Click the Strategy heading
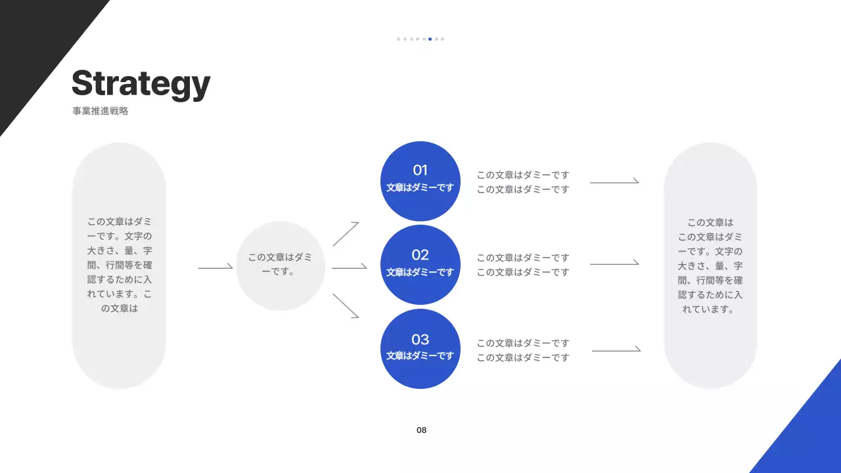pyautogui.click(x=141, y=84)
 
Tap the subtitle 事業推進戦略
pyautogui.click(x=101, y=111)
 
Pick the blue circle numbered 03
pyautogui.click(x=420, y=348)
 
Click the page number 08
pyautogui.click(x=421, y=430)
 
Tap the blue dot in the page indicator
pyautogui.click(x=430, y=39)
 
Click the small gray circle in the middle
pyautogui.click(x=281, y=265)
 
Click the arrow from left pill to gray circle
pyautogui.click(x=215, y=267)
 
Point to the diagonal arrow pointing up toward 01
pyautogui.click(x=346, y=234)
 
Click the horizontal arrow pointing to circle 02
pyautogui.click(x=349, y=267)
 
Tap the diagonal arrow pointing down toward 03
pyautogui.click(x=346, y=306)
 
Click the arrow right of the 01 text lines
pyautogui.click(x=614, y=182)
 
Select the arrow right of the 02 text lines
pyautogui.click(x=614, y=263)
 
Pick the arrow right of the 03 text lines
pyautogui.click(x=616, y=351)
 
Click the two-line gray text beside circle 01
pyautogui.click(x=523, y=182)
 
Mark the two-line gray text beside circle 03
pyautogui.click(x=523, y=350)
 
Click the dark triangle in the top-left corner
pyautogui.click(x=33, y=39)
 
